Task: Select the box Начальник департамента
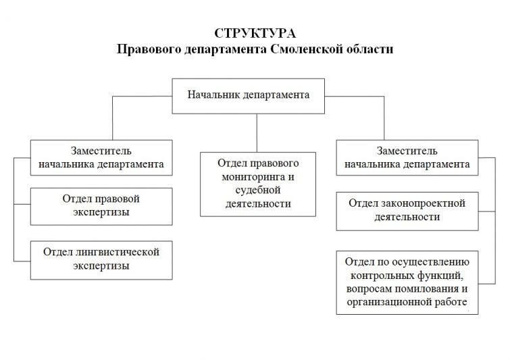[248, 95]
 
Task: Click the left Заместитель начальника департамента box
[101, 157]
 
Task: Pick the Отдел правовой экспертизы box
[101, 206]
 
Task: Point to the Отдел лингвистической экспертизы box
[101, 259]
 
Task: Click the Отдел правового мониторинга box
[257, 183]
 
